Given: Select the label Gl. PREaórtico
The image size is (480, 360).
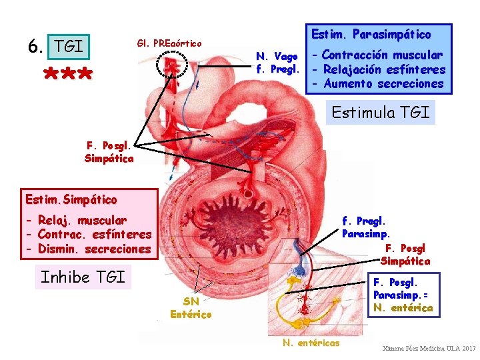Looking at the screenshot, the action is [169, 43].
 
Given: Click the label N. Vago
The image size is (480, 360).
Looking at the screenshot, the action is [277, 56].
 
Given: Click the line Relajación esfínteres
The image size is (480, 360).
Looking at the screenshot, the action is [385, 69].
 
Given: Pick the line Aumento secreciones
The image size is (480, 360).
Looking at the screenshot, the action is [383, 83].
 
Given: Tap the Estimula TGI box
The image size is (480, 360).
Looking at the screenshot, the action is [381, 112].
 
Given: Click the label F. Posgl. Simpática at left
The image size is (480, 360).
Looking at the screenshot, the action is [109, 152].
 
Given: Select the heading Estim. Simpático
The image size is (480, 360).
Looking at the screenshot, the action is [71, 199].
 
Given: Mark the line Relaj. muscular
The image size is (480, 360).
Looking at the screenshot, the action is [77, 220].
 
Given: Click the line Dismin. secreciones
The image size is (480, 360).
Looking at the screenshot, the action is [89, 249].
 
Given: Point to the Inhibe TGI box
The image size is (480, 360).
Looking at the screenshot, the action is [83, 277].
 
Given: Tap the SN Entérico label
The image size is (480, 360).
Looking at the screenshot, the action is [191, 308].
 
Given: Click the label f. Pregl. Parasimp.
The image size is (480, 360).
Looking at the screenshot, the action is [366, 227].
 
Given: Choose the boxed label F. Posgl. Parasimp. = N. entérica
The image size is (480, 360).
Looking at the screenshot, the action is [403, 295].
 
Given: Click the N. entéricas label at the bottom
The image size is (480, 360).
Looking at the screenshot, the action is [311, 343].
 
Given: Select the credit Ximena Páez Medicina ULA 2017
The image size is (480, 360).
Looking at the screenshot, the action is [429, 349].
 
